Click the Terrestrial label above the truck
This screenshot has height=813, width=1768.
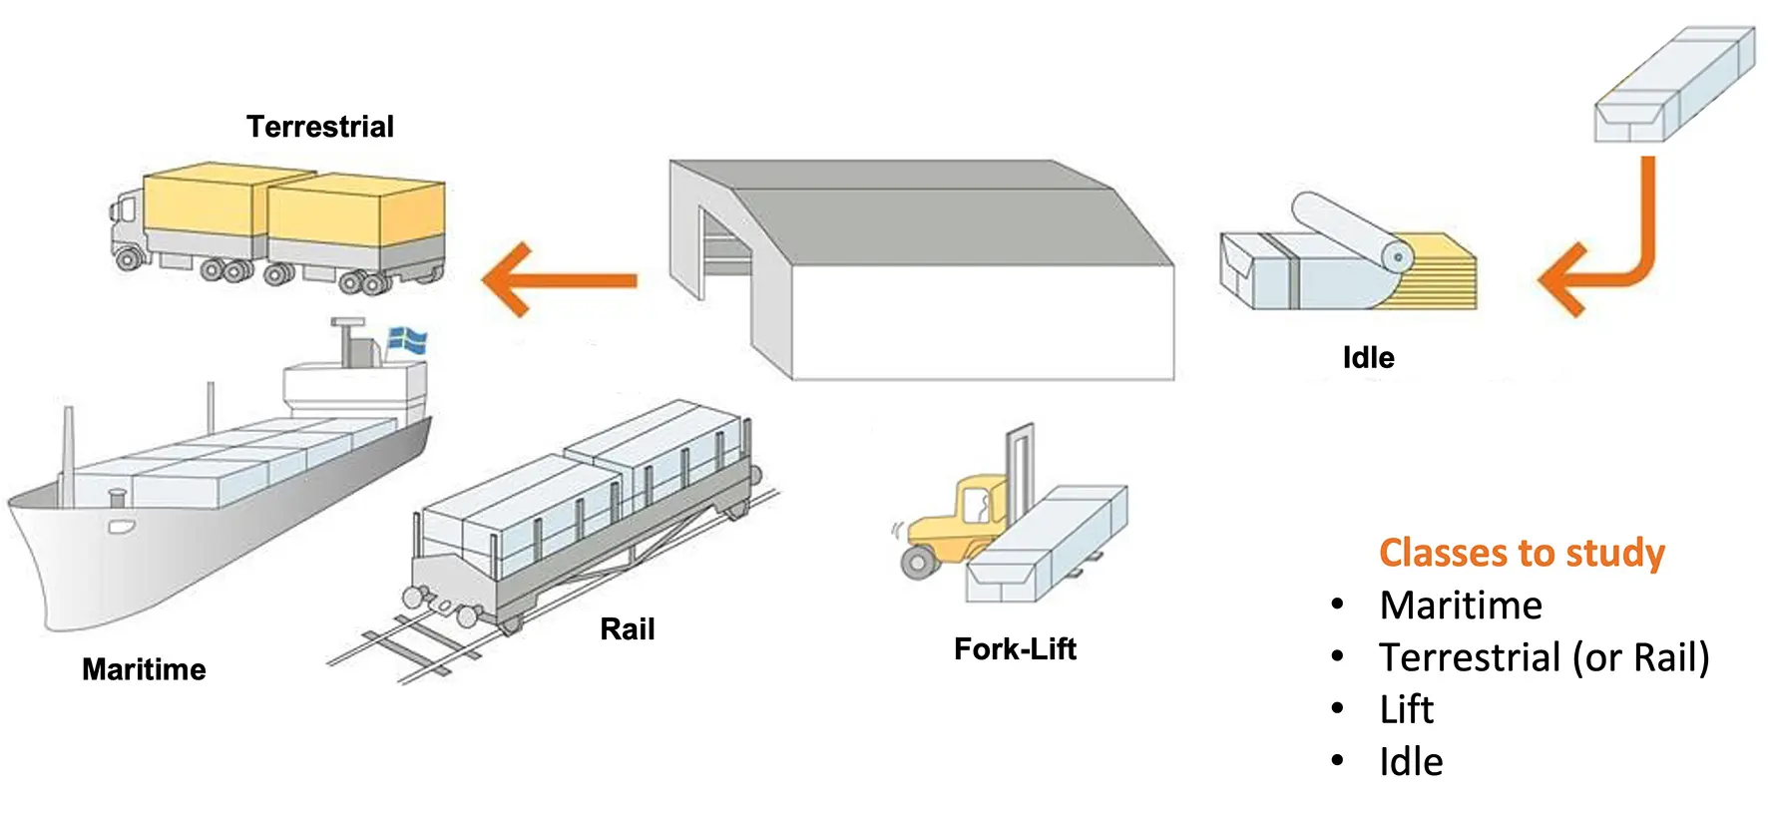point(320,127)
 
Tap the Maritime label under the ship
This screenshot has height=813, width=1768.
point(144,669)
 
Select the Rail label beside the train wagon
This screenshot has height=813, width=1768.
point(627,629)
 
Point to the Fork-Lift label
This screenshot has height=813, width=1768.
point(1015,649)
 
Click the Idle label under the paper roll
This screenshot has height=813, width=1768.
point(1368,357)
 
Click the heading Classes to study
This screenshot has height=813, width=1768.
point(1522,553)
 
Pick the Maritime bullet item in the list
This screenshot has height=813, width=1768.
point(1461,606)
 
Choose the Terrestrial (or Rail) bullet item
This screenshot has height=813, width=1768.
point(1544,657)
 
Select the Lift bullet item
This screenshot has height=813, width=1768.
point(1407,709)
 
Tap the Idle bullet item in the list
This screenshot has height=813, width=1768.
point(1411,762)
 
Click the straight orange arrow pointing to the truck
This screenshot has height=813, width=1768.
point(559,280)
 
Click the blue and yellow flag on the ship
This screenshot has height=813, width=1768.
point(407,340)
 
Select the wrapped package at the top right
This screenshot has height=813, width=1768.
point(1674,84)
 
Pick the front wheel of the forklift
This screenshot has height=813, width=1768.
point(917,562)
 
